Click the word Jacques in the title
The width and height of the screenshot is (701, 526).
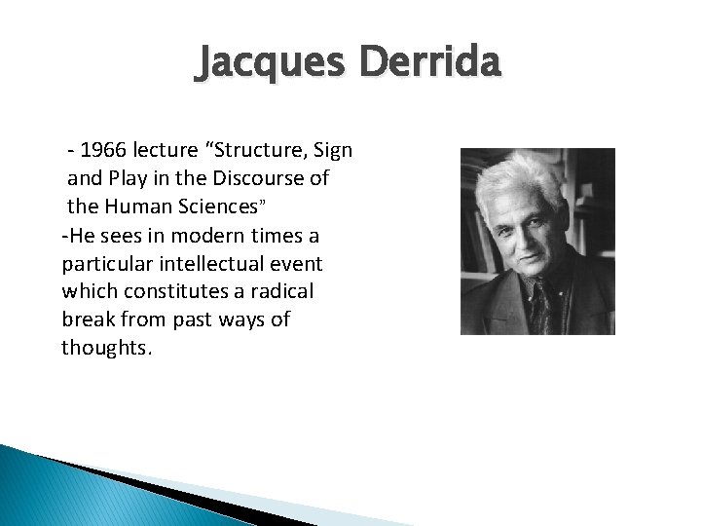tap(272, 63)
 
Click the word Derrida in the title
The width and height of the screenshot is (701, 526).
tap(430, 63)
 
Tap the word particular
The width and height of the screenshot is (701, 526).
tap(108, 264)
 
